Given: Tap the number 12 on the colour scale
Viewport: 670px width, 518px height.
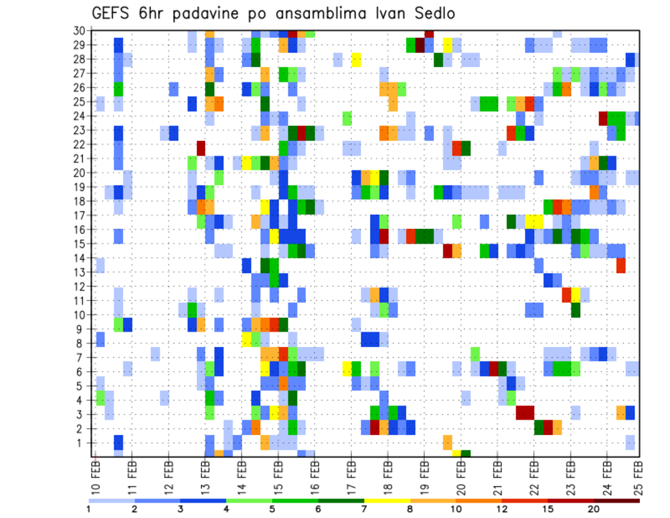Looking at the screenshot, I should pos(502,508).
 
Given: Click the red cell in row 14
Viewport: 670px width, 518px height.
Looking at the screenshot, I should pos(620,265).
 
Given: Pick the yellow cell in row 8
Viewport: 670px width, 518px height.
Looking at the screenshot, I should pos(246,339).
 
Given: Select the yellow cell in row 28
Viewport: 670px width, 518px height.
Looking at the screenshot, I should pos(356,59).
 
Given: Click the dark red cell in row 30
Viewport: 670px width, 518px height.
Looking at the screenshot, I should pos(429,33).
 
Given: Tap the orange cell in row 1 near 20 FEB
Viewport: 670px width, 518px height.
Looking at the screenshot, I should pos(447,443).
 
